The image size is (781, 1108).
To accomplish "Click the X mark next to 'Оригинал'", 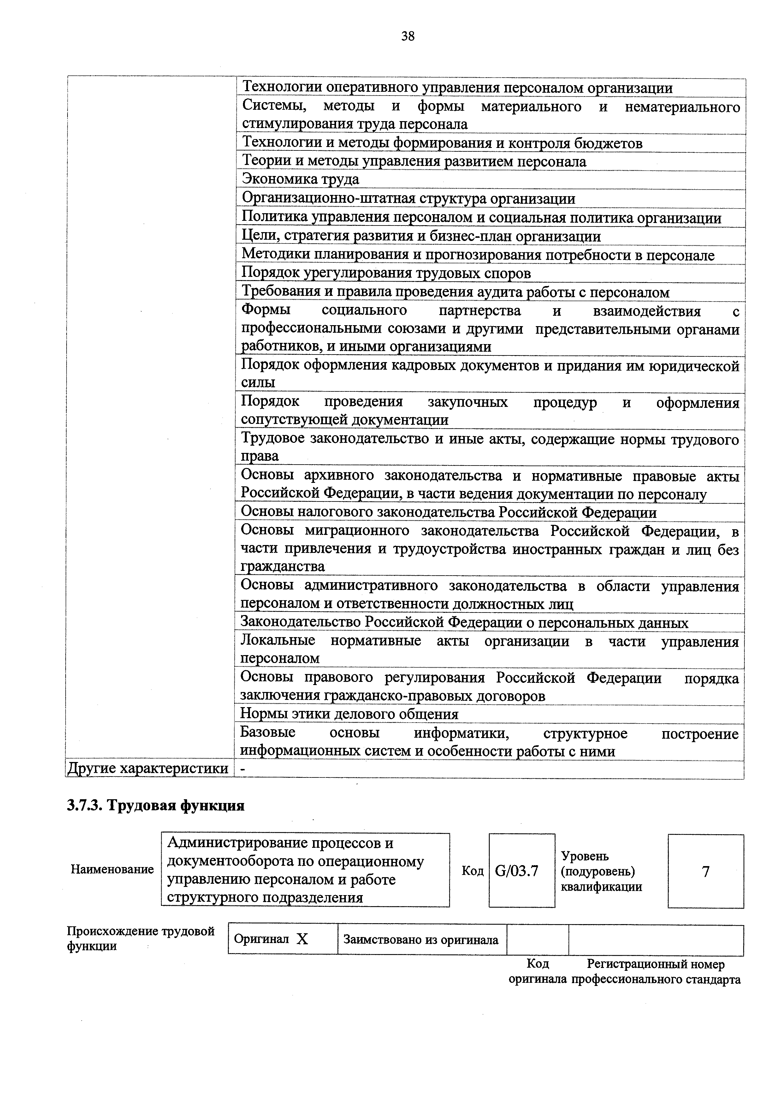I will click(x=302, y=939).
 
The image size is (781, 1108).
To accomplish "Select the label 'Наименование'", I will click(x=112, y=869).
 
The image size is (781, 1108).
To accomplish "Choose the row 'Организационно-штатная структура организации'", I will click(x=408, y=198).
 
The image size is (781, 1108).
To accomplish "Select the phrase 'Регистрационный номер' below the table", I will click(x=655, y=964).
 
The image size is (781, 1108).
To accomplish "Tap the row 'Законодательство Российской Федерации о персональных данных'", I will click(x=464, y=623).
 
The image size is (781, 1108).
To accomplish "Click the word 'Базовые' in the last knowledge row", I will click(x=268, y=733).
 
